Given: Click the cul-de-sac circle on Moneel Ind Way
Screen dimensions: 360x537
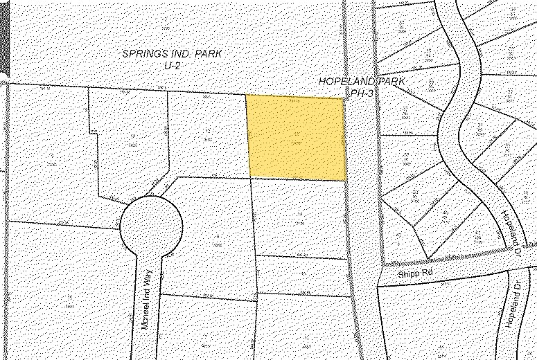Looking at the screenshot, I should [151, 224].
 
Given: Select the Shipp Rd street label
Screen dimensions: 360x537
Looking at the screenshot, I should [415, 274].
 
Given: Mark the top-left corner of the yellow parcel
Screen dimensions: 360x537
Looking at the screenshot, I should [247, 96].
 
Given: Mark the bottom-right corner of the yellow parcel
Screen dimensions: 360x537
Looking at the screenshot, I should [346, 181].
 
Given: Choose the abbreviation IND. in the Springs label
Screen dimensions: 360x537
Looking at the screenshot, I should [182, 54].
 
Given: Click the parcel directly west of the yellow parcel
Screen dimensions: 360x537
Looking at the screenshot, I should [208, 135].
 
